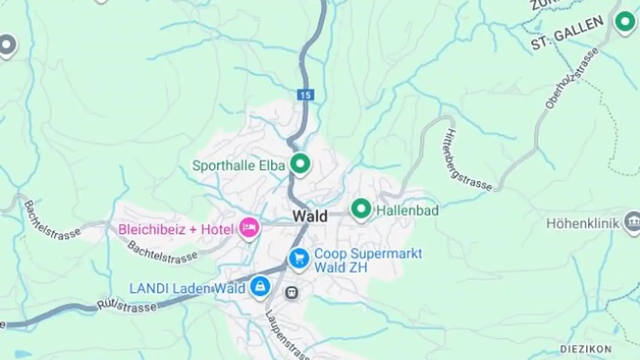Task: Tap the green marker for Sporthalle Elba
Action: [300, 164]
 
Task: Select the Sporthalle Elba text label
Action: [238, 166]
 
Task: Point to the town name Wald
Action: [310, 216]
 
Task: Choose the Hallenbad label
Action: [407, 210]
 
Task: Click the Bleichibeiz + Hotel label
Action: [176, 229]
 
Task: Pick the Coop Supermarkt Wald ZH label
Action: [368, 260]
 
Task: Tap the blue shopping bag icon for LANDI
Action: [260, 287]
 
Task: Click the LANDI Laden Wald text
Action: [187, 288]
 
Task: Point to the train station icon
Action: [292, 292]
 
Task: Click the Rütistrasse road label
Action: [127, 306]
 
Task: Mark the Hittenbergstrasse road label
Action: [468, 160]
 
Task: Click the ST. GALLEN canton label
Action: [568, 33]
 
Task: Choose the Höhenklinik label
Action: [583, 223]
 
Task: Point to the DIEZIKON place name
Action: [585, 348]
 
